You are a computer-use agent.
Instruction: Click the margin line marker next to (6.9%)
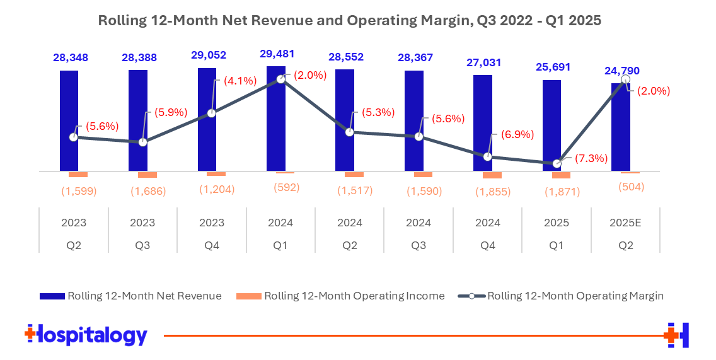coord(488,156)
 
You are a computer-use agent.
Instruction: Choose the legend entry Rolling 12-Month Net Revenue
coord(130,296)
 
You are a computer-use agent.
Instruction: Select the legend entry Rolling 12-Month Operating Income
coord(340,296)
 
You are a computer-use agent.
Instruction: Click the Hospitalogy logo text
coord(86,335)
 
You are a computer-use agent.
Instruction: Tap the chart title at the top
coord(350,21)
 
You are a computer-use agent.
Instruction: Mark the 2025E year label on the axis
coord(625,223)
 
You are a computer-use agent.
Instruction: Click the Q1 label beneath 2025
coord(557,246)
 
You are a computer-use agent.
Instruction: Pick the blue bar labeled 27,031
coord(483,123)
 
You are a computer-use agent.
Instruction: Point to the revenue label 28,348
coord(71,57)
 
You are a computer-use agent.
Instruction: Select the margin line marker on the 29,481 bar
coord(281,80)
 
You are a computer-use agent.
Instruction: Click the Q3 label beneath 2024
coord(419,246)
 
